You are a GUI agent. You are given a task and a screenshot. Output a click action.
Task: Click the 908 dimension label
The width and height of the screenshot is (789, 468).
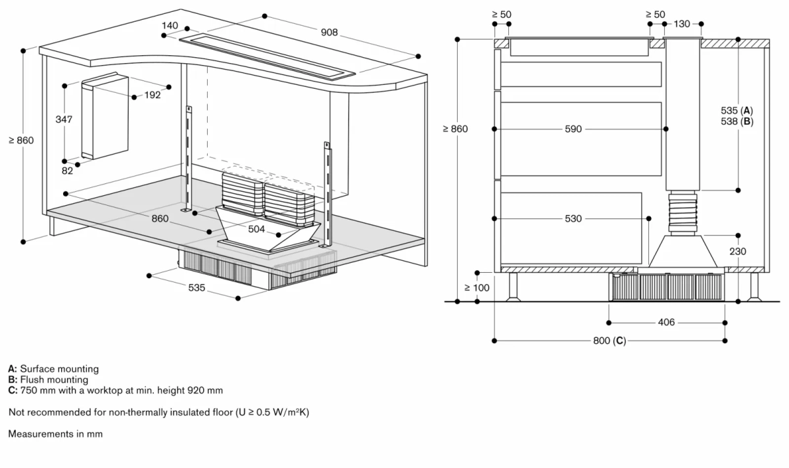(329, 32)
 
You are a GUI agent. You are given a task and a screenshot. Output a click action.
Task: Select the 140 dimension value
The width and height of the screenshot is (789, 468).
(170, 26)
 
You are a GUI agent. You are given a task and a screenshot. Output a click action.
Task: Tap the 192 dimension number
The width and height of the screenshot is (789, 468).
(153, 95)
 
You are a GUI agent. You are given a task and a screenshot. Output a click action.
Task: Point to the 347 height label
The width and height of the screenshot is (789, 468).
(64, 120)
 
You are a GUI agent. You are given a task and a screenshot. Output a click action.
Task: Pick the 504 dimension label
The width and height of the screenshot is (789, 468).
(256, 229)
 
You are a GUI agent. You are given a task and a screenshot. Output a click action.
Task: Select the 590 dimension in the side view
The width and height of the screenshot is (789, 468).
(573, 129)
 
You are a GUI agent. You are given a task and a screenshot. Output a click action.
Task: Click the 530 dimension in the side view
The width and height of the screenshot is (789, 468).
(573, 218)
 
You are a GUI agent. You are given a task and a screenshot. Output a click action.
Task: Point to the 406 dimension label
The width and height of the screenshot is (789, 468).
(667, 323)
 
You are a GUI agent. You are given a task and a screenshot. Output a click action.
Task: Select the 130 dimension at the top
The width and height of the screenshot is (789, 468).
(682, 24)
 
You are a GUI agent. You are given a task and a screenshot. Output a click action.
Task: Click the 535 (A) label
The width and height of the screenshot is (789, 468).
(737, 110)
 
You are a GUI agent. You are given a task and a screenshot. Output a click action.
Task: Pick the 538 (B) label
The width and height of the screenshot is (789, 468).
(737, 122)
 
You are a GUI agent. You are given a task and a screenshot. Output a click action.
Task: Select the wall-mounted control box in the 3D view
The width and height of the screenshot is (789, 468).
(105, 116)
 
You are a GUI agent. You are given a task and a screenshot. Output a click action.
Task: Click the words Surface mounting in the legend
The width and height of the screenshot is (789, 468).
(59, 369)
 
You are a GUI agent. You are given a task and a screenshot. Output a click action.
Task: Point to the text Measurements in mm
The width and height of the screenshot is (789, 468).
(55, 434)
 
